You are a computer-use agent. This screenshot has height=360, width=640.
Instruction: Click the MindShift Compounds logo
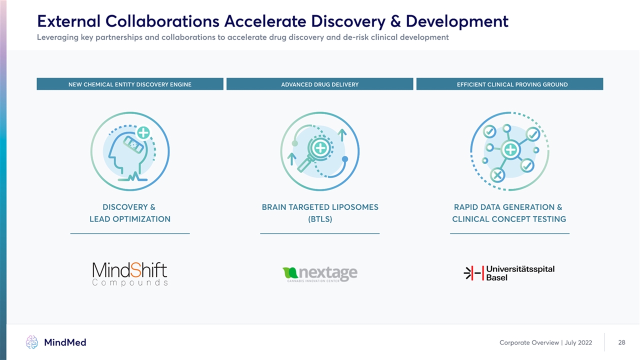pos(130,274)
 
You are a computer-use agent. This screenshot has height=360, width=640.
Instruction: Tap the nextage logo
pos(319,274)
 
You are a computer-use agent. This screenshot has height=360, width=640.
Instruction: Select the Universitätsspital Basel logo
pos(509,273)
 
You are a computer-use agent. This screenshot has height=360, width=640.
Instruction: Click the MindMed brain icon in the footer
pos(31,342)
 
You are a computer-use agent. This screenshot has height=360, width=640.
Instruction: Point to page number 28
pos(621,342)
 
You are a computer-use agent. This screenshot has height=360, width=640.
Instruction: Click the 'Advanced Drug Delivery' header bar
pos(319,84)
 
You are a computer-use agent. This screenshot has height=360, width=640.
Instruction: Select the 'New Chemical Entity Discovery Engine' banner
pos(130,84)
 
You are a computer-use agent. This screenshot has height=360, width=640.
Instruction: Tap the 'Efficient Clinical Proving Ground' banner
pos(509,84)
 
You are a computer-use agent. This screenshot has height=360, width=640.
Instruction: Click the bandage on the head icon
pos(133,144)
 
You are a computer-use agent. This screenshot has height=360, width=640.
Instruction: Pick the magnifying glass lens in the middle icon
pos(320,148)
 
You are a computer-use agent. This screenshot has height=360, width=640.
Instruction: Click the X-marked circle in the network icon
pos(497,175)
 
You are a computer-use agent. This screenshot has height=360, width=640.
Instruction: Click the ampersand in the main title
pos(395,21)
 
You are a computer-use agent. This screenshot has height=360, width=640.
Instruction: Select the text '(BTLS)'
pos(320,219)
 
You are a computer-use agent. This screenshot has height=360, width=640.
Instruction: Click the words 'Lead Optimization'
pos(130,219)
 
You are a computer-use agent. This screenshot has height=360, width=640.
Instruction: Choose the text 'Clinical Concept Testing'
pos(509,219)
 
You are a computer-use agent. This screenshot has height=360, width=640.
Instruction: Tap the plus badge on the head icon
pos(143,132)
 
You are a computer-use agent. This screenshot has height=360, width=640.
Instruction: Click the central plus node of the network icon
pos(510,149)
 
